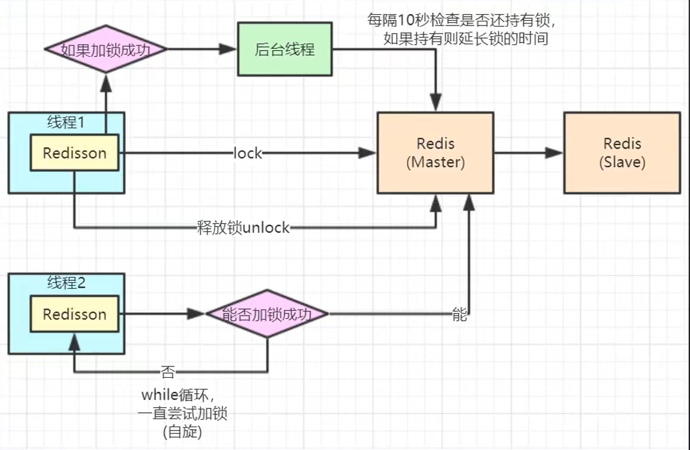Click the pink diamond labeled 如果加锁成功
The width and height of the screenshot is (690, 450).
click(104, 49)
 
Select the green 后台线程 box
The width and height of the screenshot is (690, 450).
click(284, 49)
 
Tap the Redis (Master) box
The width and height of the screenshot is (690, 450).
click(436, 153)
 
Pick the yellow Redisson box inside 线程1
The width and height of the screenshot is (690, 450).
click(74, 153)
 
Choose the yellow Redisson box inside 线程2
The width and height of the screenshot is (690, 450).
click(74, 314)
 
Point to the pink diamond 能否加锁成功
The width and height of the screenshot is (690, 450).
click(266, 314)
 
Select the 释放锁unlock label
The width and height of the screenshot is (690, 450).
click(243, 228)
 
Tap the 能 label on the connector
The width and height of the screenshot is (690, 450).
click(459, 314)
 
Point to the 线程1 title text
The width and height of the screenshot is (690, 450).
click(66, 122)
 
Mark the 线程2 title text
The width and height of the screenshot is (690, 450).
click(66, 282)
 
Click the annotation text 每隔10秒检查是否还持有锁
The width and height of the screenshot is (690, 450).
click(461, 20)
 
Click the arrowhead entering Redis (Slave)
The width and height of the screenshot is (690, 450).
click(554, 153)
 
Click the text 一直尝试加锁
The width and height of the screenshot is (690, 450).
click(183, 413)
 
